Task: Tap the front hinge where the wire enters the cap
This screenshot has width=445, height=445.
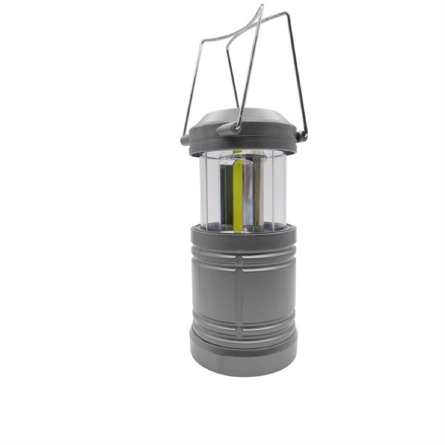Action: pyautogui.click(x=238, y=126)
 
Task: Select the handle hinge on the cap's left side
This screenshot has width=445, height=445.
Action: pyautogui.click(x=186, y=140)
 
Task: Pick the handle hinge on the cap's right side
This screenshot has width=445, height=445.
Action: pyautogui.click(x=303, y=136)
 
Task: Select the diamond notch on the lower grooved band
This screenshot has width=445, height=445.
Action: pyautogui.click(x=243, y=325)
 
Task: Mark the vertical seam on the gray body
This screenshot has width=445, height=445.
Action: pyautogui.click(x=243, y=291)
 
